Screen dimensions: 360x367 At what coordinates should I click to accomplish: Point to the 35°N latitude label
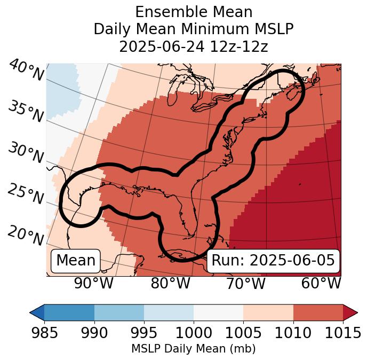coord(26,112)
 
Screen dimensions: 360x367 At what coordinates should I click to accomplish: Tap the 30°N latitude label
coord(26,153)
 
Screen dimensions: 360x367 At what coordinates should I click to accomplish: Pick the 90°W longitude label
coord(94,284)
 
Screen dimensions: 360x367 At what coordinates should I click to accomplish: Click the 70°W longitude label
coord(246,284)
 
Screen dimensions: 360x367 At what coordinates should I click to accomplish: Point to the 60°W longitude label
coord(321,284)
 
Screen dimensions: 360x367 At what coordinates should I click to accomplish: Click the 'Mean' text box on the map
coord(76,261)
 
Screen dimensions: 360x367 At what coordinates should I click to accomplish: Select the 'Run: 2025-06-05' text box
coord(273,261)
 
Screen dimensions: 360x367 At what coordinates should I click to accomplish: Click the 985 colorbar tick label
coord(45,333)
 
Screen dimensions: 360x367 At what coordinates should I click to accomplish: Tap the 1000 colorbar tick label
coord(194,333)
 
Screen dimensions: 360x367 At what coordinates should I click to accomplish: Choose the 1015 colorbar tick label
coord(343,333)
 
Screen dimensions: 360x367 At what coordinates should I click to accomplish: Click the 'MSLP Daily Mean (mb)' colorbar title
coord(193,349)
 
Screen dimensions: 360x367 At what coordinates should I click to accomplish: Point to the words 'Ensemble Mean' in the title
coord(193,12)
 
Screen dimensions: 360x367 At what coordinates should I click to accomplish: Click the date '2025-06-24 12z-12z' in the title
coord(193,47)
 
